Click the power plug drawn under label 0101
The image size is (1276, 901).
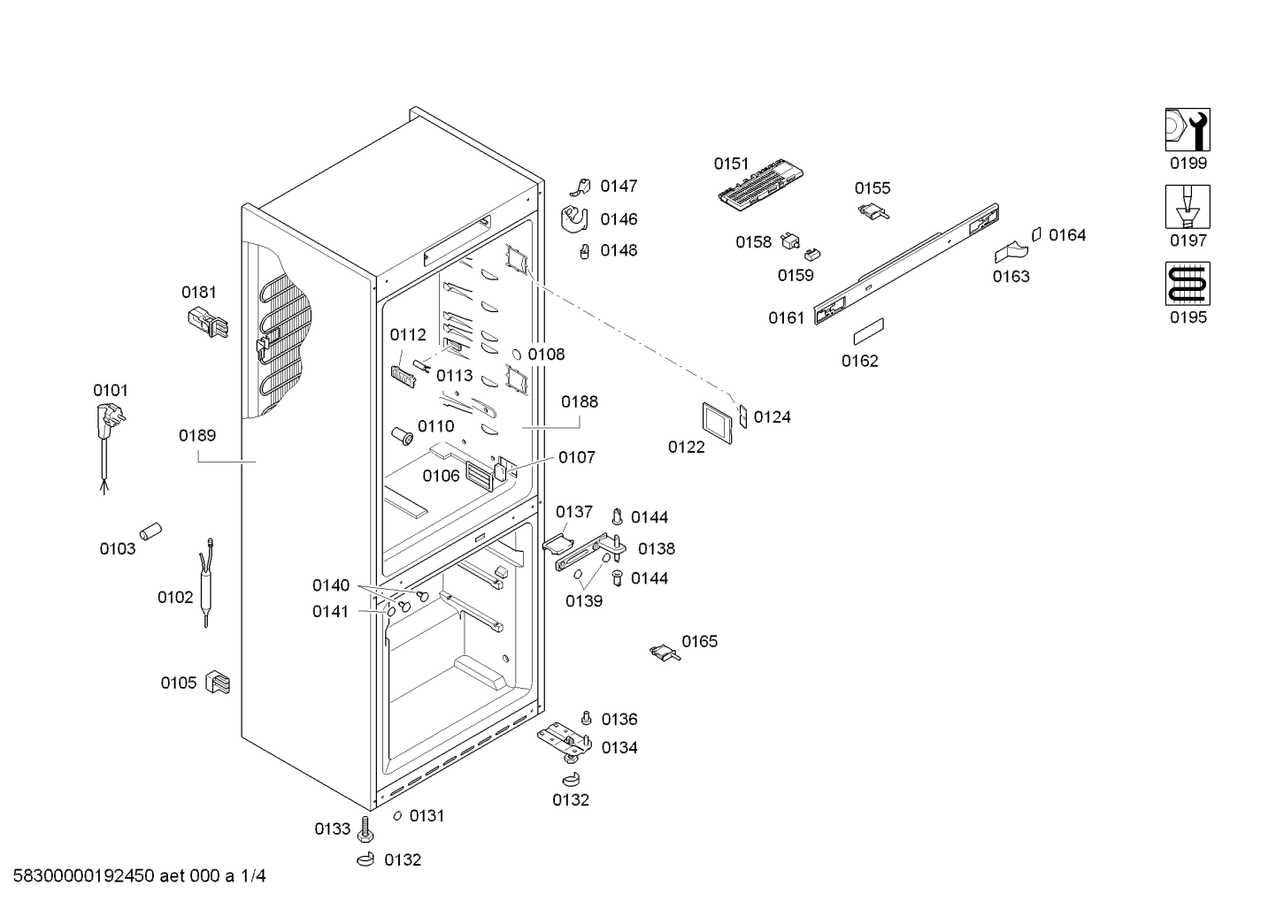111,447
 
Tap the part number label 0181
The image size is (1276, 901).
199,292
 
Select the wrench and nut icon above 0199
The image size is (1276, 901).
1188,129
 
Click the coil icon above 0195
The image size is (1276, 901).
1188,284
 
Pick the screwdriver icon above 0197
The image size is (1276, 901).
1188,207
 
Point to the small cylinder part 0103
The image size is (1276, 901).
151,531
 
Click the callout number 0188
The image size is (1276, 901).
580,401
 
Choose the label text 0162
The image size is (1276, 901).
859,361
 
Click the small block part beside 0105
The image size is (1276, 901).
218,682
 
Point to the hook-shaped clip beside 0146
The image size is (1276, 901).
574,219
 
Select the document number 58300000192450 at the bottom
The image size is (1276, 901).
84,875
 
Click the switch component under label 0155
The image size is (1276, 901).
873,212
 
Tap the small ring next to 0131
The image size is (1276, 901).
397,815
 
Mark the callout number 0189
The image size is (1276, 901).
197,435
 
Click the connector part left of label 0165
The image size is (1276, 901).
665,653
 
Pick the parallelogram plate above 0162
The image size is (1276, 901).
869,332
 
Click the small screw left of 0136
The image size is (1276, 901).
586,718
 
